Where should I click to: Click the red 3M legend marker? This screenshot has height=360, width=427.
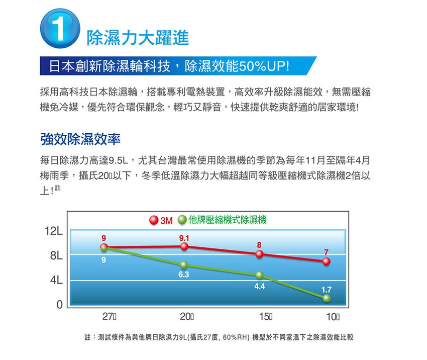153,220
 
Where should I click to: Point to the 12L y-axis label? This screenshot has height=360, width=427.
53,233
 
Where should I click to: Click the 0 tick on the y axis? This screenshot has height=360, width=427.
60,305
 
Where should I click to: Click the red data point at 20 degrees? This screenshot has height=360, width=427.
184,246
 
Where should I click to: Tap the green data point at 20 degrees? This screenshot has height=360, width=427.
184,265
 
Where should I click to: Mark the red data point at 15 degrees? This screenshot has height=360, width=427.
259,254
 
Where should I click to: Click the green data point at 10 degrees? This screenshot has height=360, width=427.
327,298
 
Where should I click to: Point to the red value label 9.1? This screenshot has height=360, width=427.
184,237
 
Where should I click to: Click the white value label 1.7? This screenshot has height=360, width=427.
326,290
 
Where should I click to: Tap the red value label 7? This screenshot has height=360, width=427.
326,252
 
